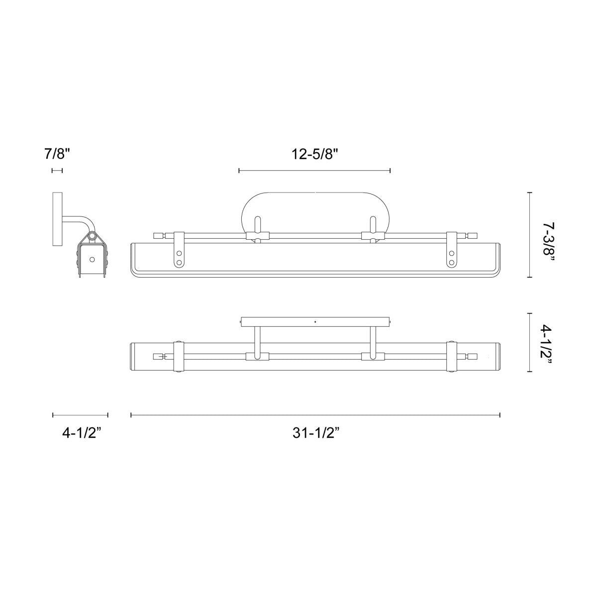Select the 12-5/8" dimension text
[315, 154]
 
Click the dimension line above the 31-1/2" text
[315, 414]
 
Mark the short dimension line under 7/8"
[57, 171]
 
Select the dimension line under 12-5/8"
[315, 171]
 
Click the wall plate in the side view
[57, 219]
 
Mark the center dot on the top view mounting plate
[315, 322]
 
